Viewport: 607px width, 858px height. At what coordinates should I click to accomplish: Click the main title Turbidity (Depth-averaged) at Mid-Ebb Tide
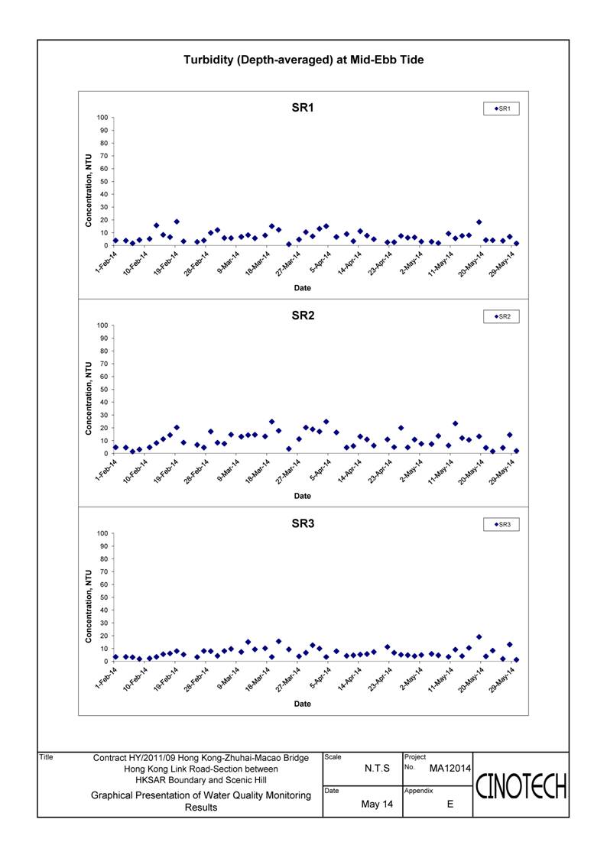[x=303, y=60]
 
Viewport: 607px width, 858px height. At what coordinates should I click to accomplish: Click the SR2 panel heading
[x=303, y=316]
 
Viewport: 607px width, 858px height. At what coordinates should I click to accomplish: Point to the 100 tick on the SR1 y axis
[x=102, y=118]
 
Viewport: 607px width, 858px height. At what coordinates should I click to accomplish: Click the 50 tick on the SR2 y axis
[x=104, y=390]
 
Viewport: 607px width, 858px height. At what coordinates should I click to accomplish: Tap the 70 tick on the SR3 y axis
[x=104, y=571]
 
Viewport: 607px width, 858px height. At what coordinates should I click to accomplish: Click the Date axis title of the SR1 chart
[x=302, y=288]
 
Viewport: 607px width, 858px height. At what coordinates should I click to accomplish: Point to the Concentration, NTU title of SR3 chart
[x=88, y=607]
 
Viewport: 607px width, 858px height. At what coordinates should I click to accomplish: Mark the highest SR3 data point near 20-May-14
[x=479, y=637]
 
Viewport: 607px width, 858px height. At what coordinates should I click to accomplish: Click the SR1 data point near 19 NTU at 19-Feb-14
[x=177, y=222]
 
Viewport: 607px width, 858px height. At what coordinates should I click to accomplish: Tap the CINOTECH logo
[x=521, y=787]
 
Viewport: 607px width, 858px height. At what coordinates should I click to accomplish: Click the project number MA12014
[x=450, y=769]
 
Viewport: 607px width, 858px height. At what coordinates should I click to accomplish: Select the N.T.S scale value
[x=377, y=769]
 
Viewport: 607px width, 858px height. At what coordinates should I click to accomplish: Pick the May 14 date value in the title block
[x=377, y=804]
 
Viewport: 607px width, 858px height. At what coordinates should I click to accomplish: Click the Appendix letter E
[x=450, y=804]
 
